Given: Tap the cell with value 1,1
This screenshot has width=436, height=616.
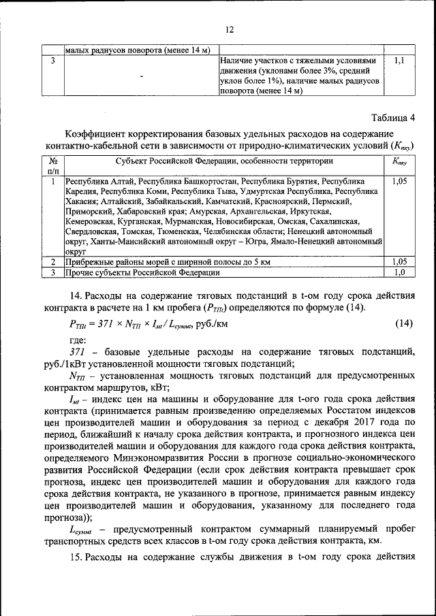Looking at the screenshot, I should pos(399,61).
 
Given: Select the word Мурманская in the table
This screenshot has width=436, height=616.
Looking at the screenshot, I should pos(188,221).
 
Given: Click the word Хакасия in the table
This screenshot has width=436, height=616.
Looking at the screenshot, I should pos(81,201).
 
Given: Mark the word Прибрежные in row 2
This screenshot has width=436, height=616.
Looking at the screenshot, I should pos(89,261).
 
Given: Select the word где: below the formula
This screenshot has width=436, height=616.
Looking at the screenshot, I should pos(78,339).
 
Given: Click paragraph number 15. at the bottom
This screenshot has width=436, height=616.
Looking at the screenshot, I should pos(76,557).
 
